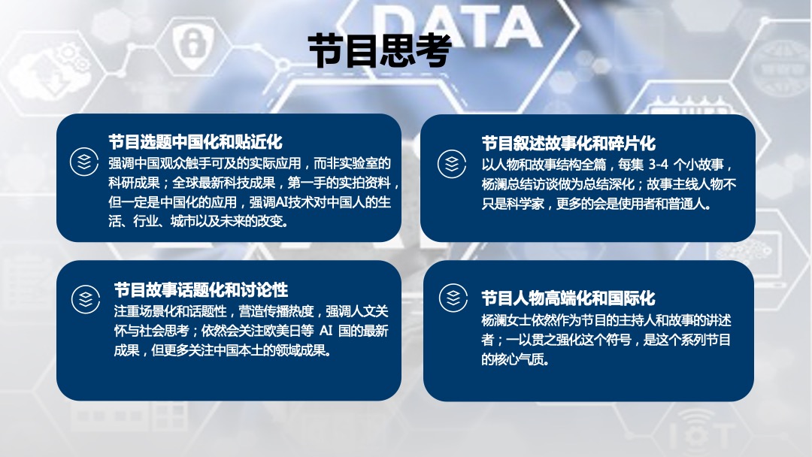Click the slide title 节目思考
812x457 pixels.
tap(380, 50)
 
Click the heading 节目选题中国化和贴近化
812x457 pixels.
tap(195, 141)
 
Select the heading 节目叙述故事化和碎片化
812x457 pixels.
tap(568, 143)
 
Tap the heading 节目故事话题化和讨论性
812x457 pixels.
tap(201, 289)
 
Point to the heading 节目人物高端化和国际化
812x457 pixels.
tap(568, 297)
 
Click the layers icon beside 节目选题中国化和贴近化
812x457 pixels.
tap(83, 162)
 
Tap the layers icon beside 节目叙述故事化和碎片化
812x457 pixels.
tap(452, 163)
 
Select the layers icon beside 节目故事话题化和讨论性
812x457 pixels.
tap(85, 299)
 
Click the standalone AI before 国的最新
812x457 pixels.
tap(326, 331)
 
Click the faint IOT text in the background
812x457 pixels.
tap(701, 434)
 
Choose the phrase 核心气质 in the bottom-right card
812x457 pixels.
tap(520, 360)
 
